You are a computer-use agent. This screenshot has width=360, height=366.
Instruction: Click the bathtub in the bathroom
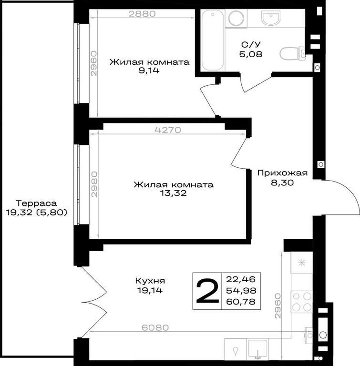(x=213, y=40)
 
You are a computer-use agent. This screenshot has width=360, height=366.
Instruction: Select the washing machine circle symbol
(x=236, y=18)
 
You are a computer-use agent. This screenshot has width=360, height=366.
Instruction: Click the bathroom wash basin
(x=270, y=18)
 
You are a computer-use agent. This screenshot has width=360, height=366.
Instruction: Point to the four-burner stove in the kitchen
(x=302, y=302)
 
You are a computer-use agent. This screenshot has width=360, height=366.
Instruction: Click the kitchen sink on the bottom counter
(x=257, y=349)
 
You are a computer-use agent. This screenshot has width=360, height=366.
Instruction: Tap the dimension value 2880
(x=142, y=14)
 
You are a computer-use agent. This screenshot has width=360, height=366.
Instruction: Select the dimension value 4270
(x=168, y=130)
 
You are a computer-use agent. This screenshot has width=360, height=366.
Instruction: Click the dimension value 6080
(x=155, y=327)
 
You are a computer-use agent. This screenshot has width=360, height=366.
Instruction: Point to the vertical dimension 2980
(x=94, y=184)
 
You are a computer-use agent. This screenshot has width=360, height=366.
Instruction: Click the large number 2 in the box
(x=207, y=291)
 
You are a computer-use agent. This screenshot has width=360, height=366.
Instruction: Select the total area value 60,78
(x=241, y=302)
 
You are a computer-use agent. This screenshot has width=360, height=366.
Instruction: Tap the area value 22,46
(x=241, y=279)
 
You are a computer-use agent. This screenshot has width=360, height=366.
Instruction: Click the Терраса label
(x=36, y=203)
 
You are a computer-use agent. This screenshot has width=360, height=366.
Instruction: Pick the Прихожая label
(x=282, y=173)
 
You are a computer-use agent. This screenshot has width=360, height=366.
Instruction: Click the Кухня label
(x=150, y=281)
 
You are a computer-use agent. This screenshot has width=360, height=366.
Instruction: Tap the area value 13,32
(x=174, y=193)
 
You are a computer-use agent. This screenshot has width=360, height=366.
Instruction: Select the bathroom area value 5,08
(x=251, y=54)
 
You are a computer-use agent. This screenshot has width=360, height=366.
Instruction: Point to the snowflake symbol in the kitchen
(x=302, y=263)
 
